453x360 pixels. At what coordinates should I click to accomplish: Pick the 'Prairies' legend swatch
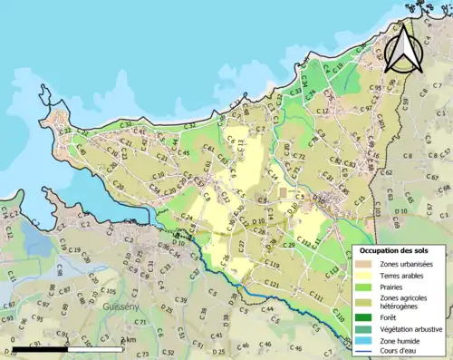coord(365,286)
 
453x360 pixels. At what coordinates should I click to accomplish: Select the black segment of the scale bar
coord(42,349)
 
